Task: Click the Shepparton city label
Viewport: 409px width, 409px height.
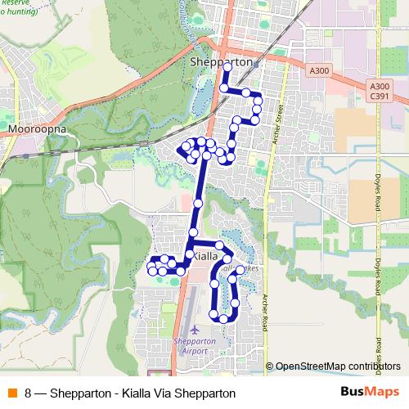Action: tap(218, 63)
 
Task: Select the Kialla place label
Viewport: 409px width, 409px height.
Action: tap(208, 256)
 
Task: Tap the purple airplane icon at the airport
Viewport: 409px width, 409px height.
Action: tap(195, 330)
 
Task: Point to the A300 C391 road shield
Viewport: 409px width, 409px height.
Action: tap(379, 91)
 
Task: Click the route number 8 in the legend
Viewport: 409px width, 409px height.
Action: tap(29, 393)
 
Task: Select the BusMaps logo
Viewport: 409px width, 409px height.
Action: tap(370, 393)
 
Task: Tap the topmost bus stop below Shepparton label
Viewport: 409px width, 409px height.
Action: tap(224, 88)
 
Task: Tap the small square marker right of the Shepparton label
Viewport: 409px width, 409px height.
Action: tap(255, 63)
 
